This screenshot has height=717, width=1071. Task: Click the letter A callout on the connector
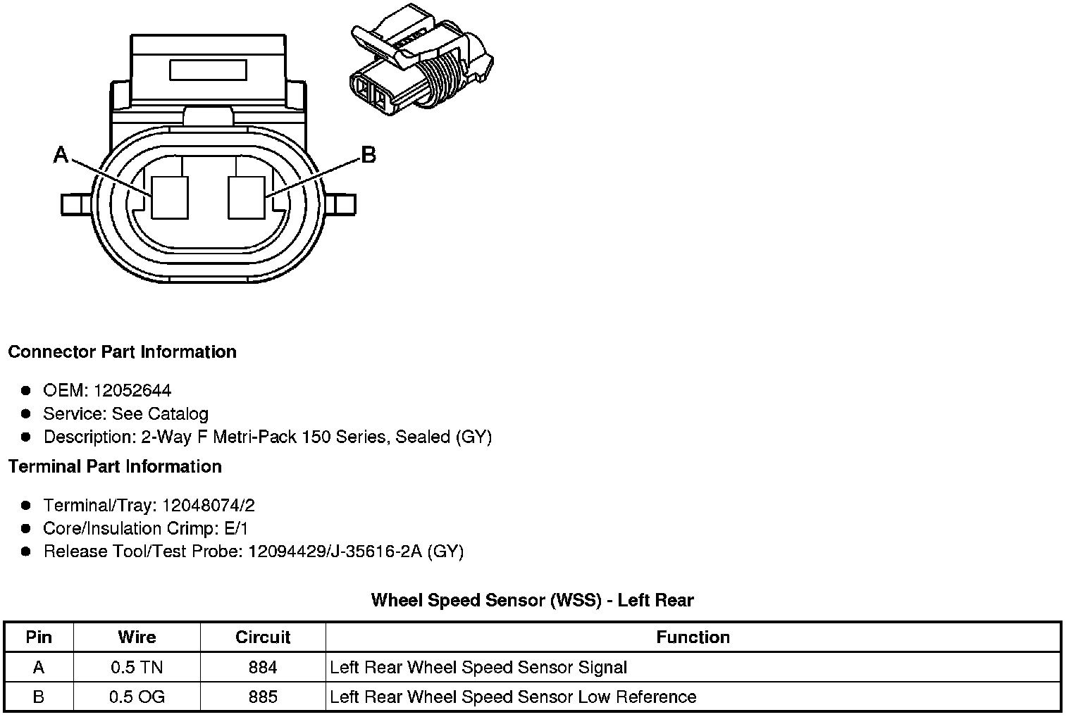(x=61, y=155)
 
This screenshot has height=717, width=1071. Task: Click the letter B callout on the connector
(x=368, y=155)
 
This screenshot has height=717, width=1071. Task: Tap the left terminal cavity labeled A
(x=171, y=197)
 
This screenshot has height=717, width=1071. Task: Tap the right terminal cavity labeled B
(x=247, y=197)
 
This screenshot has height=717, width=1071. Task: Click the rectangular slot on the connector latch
(x=208, y=70)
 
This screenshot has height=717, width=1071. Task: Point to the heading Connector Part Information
(x=122, y=352)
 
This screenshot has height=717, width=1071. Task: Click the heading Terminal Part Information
(x=115, y=467)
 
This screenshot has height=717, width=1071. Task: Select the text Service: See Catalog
(x=125, y=413)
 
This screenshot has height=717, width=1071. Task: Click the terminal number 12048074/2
(x=208, y=505)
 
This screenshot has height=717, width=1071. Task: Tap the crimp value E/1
(x=234, y=528)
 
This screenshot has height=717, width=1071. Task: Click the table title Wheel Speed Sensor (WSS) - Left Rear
(x=532, y=600)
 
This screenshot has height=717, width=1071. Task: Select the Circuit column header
(x=263, y=637)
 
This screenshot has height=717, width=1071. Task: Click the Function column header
(x=693, y=637)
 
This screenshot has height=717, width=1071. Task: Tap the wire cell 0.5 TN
(x=137, y=667)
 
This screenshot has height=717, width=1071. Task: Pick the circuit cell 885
(x=263, y=697)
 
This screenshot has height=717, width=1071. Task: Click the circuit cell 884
(x=263, y=667)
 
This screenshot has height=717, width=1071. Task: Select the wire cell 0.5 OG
(x=137, y=697)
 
